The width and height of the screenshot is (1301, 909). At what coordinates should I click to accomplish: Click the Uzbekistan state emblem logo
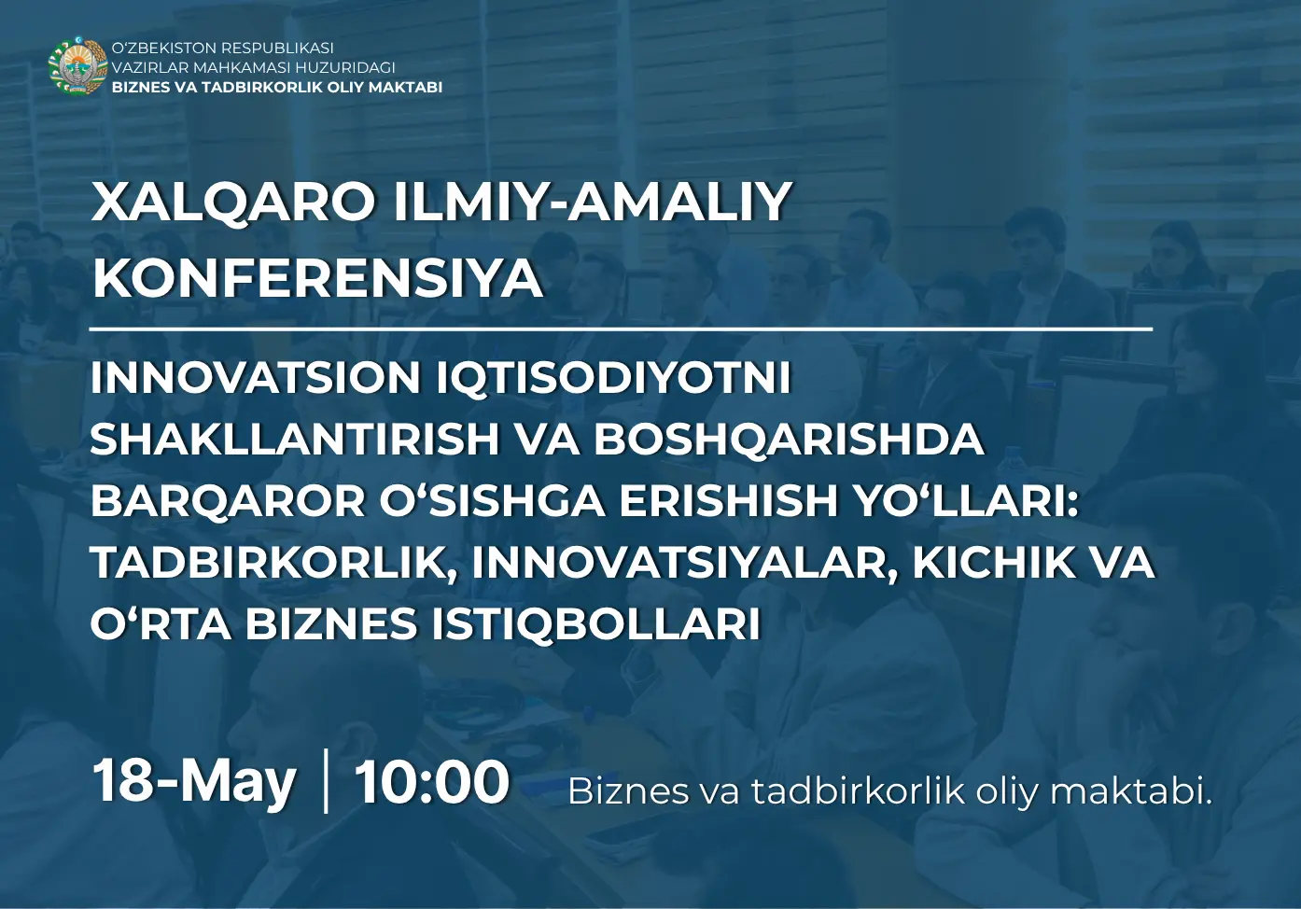[x=77, y=66]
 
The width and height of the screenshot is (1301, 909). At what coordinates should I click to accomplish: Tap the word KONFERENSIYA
[x=317, y=278]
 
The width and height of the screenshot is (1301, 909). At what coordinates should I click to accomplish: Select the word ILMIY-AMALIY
[x=593, y=202]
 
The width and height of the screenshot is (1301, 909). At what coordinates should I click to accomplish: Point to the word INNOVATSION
[x=256, y=378]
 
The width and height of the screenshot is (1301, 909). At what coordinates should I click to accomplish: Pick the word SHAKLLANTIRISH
[x=294, y=440]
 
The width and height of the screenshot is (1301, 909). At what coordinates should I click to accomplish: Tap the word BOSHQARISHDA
[x=789, y=440]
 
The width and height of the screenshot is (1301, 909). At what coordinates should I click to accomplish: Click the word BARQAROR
[x=228, y=501]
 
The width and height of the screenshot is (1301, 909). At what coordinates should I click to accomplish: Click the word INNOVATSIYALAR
[x=684, y=563]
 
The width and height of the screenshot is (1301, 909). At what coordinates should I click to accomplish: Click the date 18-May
[x=194, y=782]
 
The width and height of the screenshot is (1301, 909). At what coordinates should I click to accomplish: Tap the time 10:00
[x=431, y=782]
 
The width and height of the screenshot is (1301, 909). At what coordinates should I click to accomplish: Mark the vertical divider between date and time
[x=326, y=781]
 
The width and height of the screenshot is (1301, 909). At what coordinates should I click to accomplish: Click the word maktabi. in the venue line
[x=1131, y=791]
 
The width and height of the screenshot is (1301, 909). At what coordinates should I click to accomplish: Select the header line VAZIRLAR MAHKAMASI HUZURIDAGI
[x=254, y=67]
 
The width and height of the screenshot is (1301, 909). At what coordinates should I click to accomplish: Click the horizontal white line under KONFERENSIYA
[x=621, y=329]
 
